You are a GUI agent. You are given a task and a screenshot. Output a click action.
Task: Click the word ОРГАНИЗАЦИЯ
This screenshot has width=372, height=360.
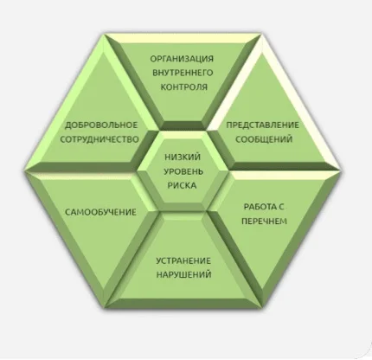(x=182, y=59)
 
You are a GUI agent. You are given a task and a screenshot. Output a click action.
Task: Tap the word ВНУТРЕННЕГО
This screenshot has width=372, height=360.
(x=183, y=73)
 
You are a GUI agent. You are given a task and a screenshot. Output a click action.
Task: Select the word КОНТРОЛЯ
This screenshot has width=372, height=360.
(x=183, y=87)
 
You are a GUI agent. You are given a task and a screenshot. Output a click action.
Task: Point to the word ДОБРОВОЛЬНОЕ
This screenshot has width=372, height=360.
(x=101, y=125)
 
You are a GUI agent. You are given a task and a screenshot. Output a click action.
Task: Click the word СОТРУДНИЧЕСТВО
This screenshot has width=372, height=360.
(x=99, y=139)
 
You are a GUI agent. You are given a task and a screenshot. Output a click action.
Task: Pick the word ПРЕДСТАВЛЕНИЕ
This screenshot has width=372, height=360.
(x=262, y=125)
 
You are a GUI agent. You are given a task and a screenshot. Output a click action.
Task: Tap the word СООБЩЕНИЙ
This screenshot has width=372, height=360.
(x=264, y=139)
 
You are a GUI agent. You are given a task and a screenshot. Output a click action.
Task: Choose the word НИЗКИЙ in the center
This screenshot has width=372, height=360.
(x=183, y=157)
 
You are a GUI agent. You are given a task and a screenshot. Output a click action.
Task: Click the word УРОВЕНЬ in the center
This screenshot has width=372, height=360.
(x=183, y=171)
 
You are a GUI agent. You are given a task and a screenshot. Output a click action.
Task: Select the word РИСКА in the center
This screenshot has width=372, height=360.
(x=182, y=185)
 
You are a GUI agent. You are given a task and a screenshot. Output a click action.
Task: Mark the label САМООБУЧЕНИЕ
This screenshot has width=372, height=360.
(x=100, y=212)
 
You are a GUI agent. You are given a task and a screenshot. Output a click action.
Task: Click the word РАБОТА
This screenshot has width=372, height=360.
(x=260, y=207)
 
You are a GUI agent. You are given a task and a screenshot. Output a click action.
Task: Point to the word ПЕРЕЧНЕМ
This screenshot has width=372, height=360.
(x=264, y=222)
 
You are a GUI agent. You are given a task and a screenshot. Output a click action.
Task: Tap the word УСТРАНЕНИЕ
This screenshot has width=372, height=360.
(x=183, y=261)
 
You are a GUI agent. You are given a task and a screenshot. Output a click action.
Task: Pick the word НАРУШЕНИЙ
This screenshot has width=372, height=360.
(x=183, y=274)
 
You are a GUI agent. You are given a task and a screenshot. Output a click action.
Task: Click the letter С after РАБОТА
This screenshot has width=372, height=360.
(x=281, y=207)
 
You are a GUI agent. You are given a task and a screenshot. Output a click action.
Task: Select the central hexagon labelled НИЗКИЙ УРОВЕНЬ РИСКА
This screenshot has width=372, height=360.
(x=183, y=171)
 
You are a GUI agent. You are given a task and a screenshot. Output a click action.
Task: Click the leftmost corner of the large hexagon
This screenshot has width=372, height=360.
(x=25, y=170)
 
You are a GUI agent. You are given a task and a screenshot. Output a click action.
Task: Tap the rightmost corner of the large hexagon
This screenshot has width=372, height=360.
(x=342, y=170)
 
